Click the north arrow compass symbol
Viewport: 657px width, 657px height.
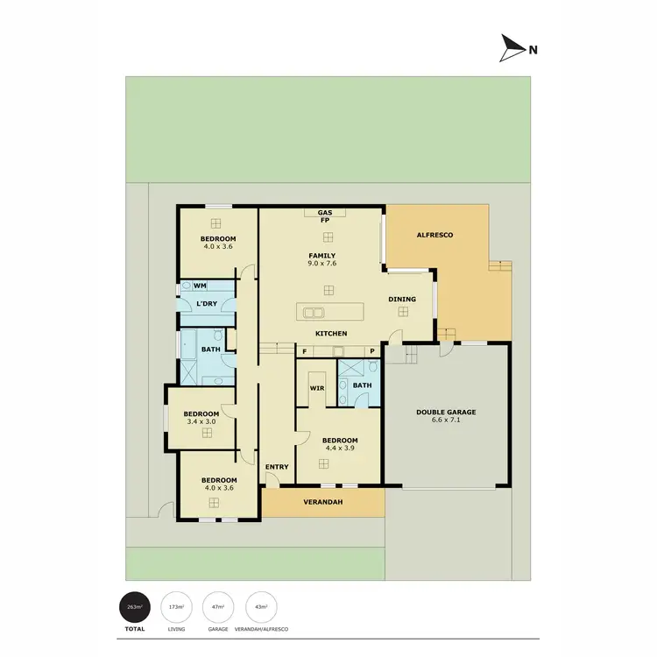point(511,48)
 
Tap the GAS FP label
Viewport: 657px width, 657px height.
point(324,216)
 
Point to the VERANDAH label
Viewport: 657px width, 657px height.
point(322,502)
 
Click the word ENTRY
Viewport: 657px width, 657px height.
point(277,466)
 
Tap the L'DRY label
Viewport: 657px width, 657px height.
point(207,303)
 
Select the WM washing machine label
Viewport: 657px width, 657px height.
point(200,286)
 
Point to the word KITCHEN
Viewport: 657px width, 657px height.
point(331,334)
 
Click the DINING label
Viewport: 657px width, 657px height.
point(402,300)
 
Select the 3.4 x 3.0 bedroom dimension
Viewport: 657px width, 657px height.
point(201,421)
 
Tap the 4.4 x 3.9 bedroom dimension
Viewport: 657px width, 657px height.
point(340,448)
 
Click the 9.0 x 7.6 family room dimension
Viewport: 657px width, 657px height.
point(322,263)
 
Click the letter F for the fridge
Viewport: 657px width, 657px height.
point(305,351)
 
